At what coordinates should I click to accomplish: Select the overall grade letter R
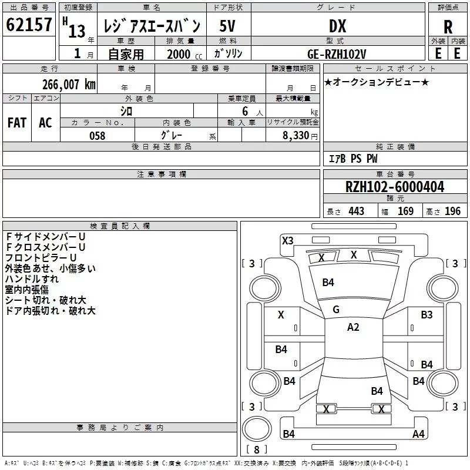[x=448, y=27]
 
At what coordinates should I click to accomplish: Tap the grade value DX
[x=337, y=26]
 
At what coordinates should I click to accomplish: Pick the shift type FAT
[x=16, y=123]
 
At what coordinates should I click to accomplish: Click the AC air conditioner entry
[x=45, y=123]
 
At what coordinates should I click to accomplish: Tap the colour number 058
[x=97, y=136]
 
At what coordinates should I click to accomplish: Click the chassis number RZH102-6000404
[x=395, y=187]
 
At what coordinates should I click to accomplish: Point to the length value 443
[x=355, y=211]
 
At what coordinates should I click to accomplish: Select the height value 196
[x=452, y=211]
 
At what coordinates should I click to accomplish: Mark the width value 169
[x=405, y=211]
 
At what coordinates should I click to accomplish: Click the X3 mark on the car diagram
[x=287, y=240]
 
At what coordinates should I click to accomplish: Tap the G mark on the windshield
[x=336, y=310]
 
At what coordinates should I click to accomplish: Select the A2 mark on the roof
[x=353, y=327]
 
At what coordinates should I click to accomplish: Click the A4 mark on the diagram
[x=418, y=434]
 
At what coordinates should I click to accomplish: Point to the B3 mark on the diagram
[x=427, y=315]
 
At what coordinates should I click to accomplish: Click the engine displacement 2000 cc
[x=179, y=54]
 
